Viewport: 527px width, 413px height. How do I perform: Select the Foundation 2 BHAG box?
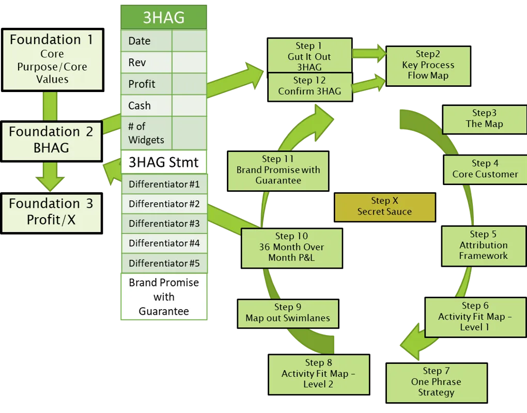pos(51,140)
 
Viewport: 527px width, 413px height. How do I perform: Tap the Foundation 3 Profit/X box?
pos(51,211)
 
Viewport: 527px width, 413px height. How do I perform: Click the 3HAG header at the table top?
pos(164,18)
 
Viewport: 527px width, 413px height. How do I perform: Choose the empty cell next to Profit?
pos(189,84)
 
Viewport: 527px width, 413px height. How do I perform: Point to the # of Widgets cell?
pos(146,133)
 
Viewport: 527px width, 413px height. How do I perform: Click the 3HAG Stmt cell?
pos(164,162)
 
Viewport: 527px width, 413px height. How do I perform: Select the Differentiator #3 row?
pos(164,224)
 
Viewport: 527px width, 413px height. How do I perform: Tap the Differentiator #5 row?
pos(164,263)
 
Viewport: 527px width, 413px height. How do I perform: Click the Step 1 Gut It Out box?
pos(309,56)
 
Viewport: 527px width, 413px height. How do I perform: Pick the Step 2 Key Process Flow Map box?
pos(428,65)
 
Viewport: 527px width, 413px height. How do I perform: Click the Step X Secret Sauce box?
pos(384,206)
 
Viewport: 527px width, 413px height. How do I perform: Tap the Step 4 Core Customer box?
pos(485,169)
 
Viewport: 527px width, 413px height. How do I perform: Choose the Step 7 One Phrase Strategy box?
pos(436,382)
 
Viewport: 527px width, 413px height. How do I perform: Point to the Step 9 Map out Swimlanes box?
pos(287,313)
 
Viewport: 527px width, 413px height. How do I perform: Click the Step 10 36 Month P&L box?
pos(291,247)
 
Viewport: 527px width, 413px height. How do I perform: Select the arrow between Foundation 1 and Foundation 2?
pos(50,106)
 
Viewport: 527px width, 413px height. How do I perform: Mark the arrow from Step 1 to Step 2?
pos(369,53)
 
